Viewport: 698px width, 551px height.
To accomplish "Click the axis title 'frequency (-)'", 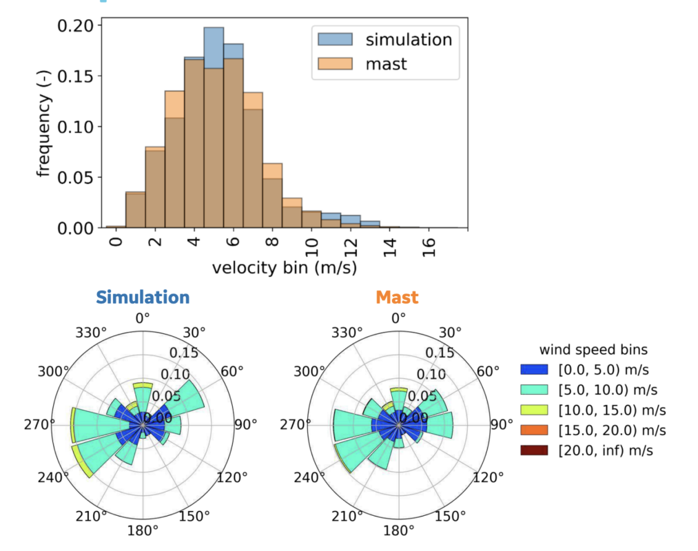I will [44, 127].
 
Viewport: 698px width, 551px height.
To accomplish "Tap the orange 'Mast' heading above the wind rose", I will [397, 297].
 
